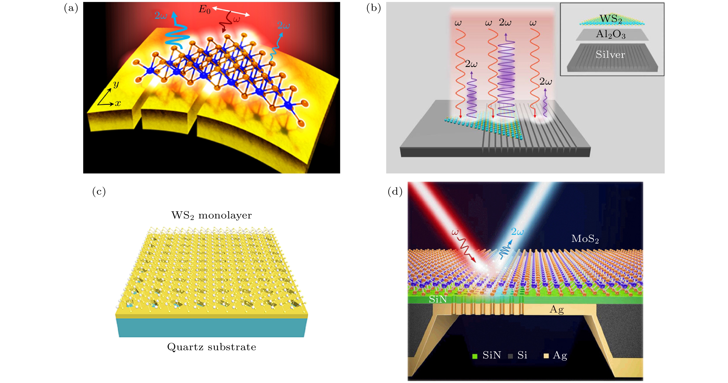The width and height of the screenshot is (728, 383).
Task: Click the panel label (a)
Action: pyautogui.click(x=71, y=8)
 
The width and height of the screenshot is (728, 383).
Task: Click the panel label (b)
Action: pyautogui.click(x=373, y=8)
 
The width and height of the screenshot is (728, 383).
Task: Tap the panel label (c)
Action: pyautogui.click(x=99, y=192)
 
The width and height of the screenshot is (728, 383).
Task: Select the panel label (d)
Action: pyautogui.click(x=395, y=192)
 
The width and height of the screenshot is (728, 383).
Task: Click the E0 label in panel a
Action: pyautogui.click(x=204, y=10)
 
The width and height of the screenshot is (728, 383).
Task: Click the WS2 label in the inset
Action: pyautogui.click(x=611, y=19)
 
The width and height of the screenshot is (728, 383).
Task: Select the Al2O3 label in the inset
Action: pyautogui.click(x=611, y=34)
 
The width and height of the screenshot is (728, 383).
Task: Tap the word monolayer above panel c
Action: pyautogui.click(x=225, y=215)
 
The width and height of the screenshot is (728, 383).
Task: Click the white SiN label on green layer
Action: pyautogui.click(x=438, y=299)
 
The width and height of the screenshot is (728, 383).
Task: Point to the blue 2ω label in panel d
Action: pyautogui.click(x=517, y=232)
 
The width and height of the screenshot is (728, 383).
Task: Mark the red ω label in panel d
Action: pyautogui.click(x=455, y=232)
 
